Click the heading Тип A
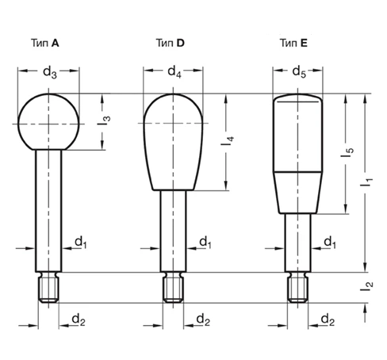click(x=45, y=43)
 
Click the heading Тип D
click(x=170, y=43)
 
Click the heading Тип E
click(x=293, y=43)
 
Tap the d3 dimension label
click(x=50, y=72)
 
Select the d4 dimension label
click(x=174, y=71)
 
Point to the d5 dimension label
click(x=299, y=72)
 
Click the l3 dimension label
click(x=104, y=121)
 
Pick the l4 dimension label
click(x=228, y=141)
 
